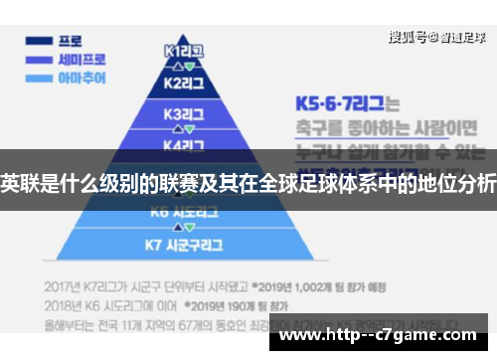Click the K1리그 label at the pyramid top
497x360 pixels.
tap(183, 51)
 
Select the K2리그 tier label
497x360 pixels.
tap(183, 83)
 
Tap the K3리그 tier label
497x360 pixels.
tap(183, 113)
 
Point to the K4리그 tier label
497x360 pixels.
tap(183, 143)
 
